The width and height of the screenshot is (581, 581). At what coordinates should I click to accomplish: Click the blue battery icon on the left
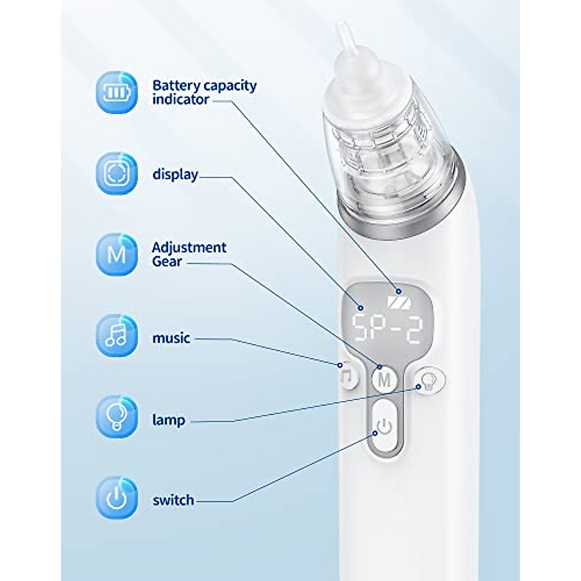point(117,92)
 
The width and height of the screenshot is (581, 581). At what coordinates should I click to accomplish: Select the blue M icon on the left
point(117,255)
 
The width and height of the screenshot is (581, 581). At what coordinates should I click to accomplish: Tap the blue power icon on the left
point(117,498)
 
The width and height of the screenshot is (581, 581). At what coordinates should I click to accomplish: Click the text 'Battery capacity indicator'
point(204,92)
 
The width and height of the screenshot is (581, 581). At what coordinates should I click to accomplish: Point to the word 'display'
point(175,174)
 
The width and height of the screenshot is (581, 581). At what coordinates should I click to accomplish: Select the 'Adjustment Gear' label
point(188,254)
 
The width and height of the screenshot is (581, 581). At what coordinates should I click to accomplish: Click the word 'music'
point(171,337)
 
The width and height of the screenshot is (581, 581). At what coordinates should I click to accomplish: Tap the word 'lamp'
point(168,420)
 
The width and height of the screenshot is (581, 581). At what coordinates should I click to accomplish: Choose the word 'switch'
point(173,500)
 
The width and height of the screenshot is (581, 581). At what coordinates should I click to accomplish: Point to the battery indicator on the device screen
point(398,302)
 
